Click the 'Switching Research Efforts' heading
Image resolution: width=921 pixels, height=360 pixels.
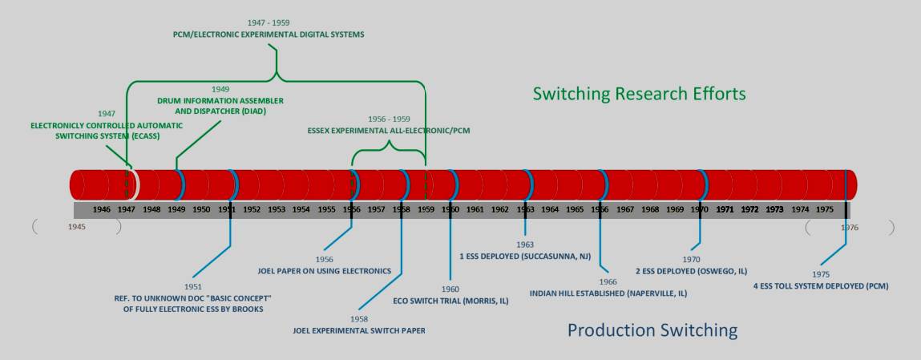(x=639, y=94)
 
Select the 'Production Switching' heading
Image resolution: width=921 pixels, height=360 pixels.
(x=652, y=330)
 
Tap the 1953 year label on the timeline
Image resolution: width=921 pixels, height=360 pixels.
(x=277, y=209)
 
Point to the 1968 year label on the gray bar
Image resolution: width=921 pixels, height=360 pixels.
(x=650, y=209)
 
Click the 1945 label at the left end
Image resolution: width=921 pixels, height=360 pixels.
(x=77, y=227)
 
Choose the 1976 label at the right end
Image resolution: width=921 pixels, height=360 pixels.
(x=850, y=227)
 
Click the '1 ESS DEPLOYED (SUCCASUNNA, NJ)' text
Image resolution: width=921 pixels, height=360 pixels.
(x=525, y=257)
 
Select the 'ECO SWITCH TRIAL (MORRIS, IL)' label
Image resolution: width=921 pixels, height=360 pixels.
(x=450, y=301)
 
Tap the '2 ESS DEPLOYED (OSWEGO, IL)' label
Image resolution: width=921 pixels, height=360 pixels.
(x=691, y=270)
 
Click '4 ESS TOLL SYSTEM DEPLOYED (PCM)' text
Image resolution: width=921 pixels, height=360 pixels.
(x=821, y=285)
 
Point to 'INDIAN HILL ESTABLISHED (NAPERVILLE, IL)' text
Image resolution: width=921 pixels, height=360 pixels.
(x=608, y=293)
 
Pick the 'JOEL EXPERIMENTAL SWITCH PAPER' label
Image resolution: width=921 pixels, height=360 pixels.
(x=359, y=330)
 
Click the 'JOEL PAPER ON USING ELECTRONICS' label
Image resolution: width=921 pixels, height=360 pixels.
(x=325, y=271)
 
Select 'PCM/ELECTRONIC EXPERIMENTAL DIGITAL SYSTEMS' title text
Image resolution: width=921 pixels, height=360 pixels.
(x=269, y=34)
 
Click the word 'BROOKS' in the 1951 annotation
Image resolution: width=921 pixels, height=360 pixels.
(x=245, y=308)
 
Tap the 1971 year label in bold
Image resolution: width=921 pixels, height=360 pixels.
(x=725, y=209)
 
